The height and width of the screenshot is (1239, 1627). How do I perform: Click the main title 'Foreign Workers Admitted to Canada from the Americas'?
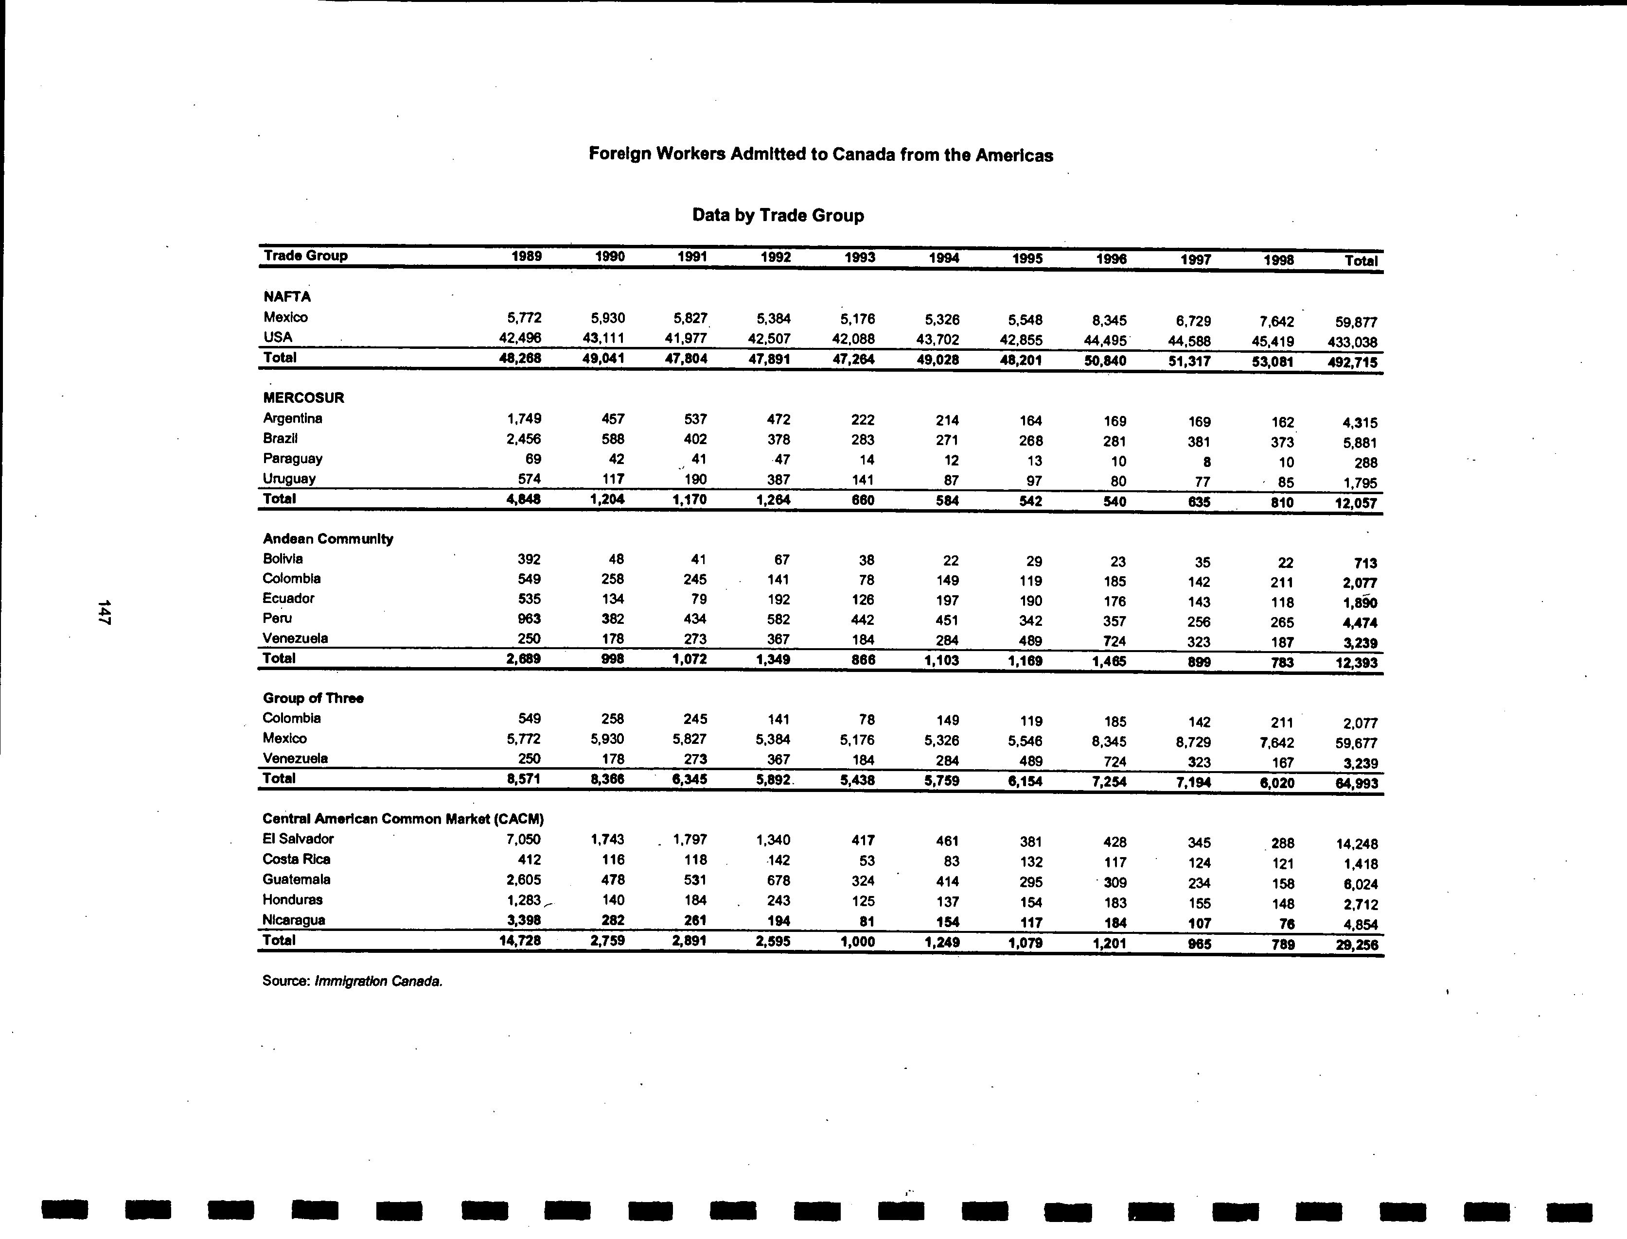(x=820, y=155)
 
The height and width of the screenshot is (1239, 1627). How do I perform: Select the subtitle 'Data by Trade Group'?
(x=778, y=215)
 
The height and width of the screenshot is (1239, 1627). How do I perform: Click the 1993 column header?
(x=860, y=258)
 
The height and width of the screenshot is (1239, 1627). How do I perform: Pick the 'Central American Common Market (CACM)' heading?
(x=403, y=819)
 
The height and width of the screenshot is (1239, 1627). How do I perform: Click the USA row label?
(x=278, y=338)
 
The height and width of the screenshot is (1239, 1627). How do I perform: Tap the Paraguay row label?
(x=292, y=459)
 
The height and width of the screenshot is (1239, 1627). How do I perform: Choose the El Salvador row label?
(x=298, y=839)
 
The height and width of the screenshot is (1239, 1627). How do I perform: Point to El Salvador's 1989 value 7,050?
(x=522, y=839)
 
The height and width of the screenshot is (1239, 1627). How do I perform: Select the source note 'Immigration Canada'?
(x=378, y=981)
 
